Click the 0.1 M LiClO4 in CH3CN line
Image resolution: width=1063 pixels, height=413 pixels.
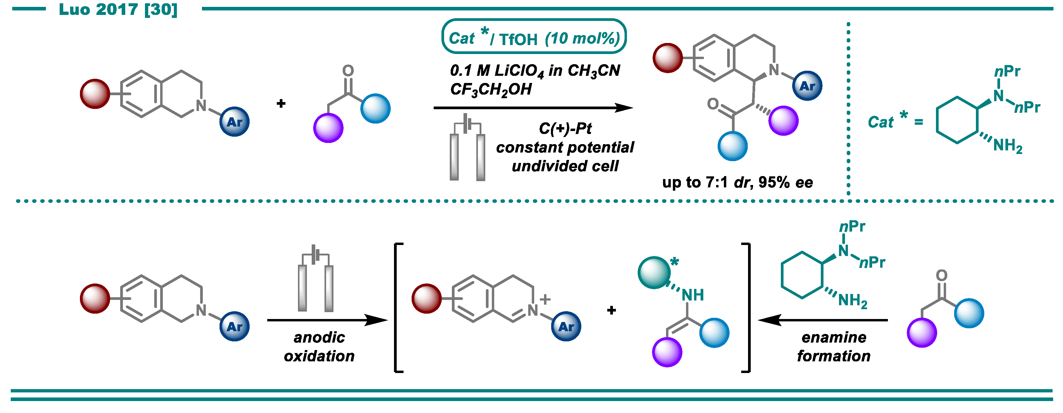[535, 71]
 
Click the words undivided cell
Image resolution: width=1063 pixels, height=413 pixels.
[565, 166]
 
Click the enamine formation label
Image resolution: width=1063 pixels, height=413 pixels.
[834, 346]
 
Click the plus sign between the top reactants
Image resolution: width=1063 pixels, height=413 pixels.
[281, 103]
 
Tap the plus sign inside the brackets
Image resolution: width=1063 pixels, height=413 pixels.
[611, 310]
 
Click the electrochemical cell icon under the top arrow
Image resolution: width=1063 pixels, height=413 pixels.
[467, 149]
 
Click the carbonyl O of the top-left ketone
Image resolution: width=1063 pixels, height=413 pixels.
[348, 71]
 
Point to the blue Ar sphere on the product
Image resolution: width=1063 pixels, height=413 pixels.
[807, 86]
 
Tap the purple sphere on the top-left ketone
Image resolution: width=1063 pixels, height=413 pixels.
[328, 128]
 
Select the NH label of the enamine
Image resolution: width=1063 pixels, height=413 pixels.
[693, 295]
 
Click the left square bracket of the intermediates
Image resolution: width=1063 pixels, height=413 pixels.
[397, 308]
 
